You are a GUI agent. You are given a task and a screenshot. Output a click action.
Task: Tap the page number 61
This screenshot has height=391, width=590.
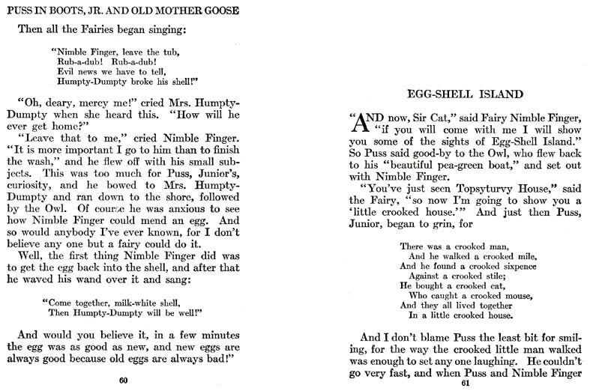click(x=464, y=384)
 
